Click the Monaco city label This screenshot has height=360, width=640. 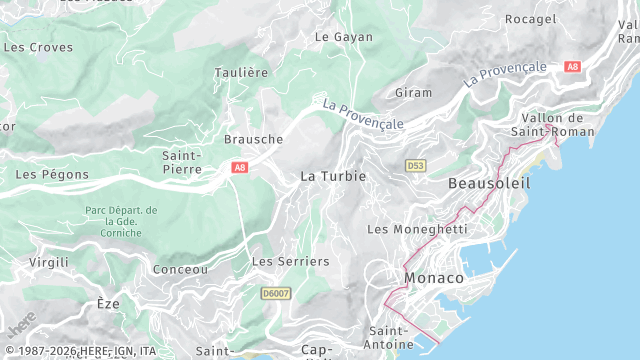(x=434, y=277)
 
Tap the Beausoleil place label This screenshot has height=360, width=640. (x=489, y=184)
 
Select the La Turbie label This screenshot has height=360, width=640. (x=333, y=175)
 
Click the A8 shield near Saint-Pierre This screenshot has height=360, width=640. (x=239, y=168)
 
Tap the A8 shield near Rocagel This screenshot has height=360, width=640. (x=572, y=67)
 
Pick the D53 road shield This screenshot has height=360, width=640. (x=416, y=164)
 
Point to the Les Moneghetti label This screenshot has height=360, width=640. (x=417, y=229)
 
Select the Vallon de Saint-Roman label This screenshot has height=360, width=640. (x=552, y=125)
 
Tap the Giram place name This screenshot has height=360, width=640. (x=414, y=92)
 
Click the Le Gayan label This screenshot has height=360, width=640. (x=343, y=37)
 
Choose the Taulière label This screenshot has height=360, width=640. (x=241, y=73)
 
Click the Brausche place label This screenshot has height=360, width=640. (x=253, y=139)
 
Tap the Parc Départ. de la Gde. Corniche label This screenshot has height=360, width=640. (x=121, y=221)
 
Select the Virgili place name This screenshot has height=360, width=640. (x=49, y=261)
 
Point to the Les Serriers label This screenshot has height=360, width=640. (x=290, y=261)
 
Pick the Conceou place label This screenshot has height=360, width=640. (x=180, y=269)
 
